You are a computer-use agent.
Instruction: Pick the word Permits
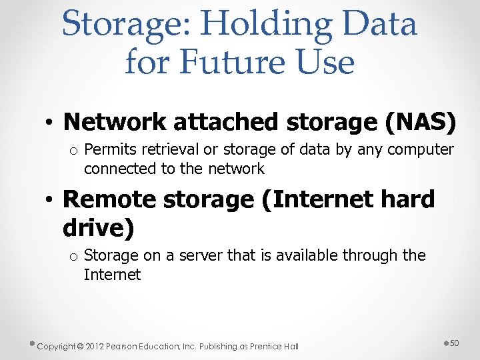[x=109, y=150]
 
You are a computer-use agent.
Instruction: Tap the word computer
[x=421, y=150]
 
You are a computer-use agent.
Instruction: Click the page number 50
[x=455, y=343]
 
